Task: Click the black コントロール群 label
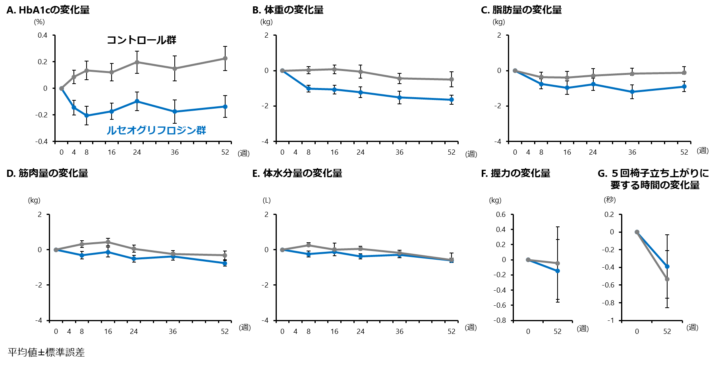click(141, 40)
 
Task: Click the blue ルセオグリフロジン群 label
click(156, 130)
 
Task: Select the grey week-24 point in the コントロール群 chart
click(137, 62)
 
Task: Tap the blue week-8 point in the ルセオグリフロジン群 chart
click(87, 116)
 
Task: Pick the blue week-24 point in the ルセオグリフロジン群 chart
click(137, 101)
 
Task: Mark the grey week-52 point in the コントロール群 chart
click(225, 58)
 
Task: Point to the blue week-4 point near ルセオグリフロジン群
click(74, 107)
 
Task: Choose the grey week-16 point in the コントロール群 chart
click(112, 72)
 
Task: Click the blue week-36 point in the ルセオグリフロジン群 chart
click(175, 112)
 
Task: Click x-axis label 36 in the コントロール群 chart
click(175, 152)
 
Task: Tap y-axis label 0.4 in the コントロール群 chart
click(42, 35)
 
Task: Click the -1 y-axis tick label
click(610, 320)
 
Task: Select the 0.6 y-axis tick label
click(501, 215)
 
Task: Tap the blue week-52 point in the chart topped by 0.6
click(558, 271)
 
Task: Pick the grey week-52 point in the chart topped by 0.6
click(558, 263)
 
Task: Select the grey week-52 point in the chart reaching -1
click(667, 279)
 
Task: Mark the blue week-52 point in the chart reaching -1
click(667, 266)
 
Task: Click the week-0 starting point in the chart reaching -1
click(637, 232)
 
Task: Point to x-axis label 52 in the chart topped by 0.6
click(558, 332)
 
